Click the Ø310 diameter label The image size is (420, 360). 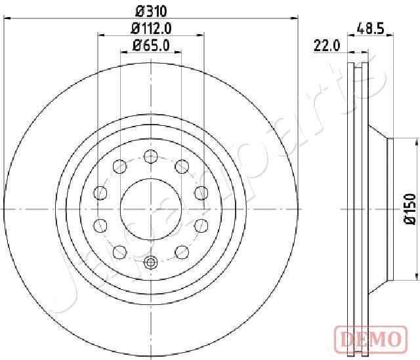pyautogui.click(x=151, y=10)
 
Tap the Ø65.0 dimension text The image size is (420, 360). pyautogui.click(x=151, y=45)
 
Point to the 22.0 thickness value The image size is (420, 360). pyautogui.click(x=326, y=45)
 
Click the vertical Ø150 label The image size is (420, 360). pyautogui.click(x=410, y=209)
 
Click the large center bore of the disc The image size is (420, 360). pyautogui.click(x=151, y=209)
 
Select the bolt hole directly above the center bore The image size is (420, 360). pyautogui.click(x=151, y=156)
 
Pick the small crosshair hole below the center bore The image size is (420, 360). pyautogui.click(x=151, y=262)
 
